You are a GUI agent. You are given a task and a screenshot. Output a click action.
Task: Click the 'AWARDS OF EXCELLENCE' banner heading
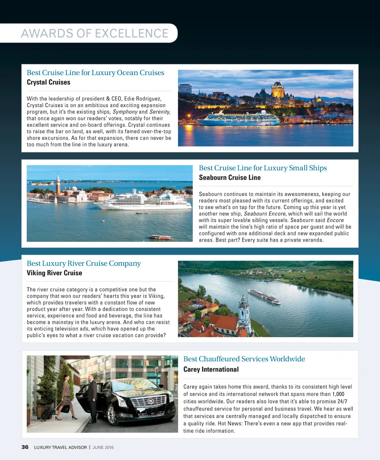95,33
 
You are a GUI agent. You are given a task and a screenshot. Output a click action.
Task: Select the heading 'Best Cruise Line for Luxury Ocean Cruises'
95,73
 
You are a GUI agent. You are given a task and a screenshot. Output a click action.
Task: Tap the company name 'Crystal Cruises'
49,82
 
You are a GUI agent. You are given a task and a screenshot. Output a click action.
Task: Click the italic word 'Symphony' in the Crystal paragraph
125,112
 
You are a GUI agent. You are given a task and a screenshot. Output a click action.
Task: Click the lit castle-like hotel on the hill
278,90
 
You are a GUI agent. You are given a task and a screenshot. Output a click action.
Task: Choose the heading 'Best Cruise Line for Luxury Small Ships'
263,168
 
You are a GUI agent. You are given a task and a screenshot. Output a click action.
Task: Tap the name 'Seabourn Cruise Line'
230,178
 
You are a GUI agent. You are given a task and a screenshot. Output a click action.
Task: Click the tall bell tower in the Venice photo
58,184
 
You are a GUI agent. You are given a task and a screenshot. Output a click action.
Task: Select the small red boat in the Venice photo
161,237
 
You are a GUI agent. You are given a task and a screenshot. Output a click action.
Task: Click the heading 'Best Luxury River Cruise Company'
84,263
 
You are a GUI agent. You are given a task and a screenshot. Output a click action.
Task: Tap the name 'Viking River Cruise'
55,273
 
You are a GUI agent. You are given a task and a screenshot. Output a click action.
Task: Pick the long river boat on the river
264,297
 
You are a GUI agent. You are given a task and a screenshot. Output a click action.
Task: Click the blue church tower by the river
244,312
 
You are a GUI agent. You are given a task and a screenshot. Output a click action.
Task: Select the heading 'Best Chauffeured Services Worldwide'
244,359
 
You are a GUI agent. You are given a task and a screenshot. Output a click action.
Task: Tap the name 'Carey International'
211,369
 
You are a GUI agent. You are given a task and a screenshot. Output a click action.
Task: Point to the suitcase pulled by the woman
47,413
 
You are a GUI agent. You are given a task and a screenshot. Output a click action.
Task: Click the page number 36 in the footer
25,447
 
